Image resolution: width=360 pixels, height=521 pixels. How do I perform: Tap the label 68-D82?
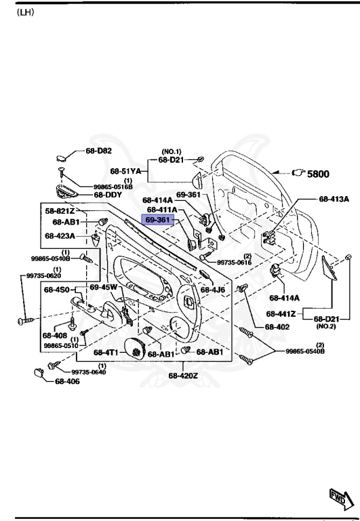[x=98, y=151]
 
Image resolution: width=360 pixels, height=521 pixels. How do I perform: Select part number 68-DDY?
[x=107, y=195]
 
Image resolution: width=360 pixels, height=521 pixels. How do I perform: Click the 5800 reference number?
[x=318, y=174]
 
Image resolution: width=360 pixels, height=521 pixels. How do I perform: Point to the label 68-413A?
[x=334, y=199]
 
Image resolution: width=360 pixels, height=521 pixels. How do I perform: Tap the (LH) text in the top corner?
[x=25, y=12]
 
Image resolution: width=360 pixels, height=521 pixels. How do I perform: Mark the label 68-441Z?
[x=280, y=313]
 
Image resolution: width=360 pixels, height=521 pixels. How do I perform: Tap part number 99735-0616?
[x=235, y=262]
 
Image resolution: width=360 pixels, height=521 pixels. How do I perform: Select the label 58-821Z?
[x=60, y=211]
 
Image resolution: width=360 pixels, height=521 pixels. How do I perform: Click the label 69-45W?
[x=104, y=288]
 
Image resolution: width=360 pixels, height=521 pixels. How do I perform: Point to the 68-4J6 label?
[x=217, y=290]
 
